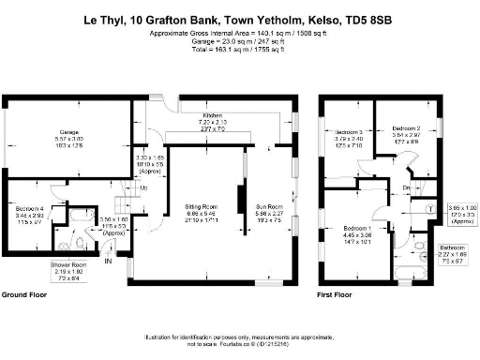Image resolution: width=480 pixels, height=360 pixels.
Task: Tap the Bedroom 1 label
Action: tap(356, 230)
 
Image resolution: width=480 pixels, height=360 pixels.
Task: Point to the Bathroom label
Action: tap(456, 246)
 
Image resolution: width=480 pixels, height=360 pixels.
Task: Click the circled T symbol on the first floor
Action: tap(428, 208)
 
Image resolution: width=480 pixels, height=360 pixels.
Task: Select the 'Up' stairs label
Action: tap(142, 187)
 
